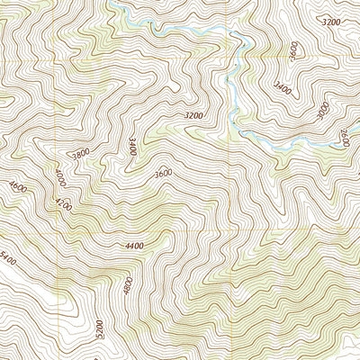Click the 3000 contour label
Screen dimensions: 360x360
pyautogui.click(x=323, y=112)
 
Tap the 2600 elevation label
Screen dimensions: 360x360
pyautogui.click(x=344, y=137)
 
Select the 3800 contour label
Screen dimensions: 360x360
pyautogui.click(x=81, y=154)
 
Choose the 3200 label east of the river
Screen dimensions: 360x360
pyautogui.click(x=331, y=21)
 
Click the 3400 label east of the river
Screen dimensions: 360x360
pyautogui.click(x=283, y=88)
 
